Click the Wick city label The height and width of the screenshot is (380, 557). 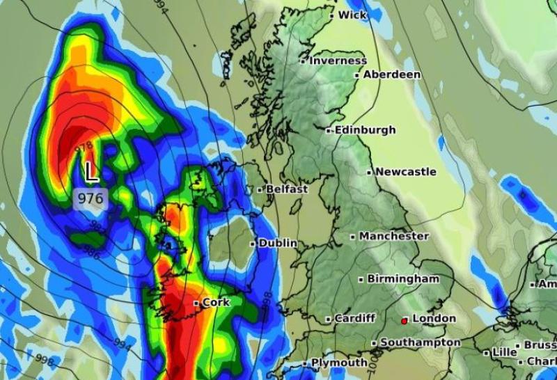(352, 15)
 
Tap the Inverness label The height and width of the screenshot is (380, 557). (338, 61)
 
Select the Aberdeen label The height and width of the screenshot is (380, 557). (392, 74)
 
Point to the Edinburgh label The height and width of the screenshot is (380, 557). (365, 130)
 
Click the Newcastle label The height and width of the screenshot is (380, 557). (406, 172)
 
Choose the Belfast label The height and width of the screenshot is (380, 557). (285, 189)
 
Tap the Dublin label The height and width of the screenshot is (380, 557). (278, 244)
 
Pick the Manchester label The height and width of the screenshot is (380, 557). (394, 236)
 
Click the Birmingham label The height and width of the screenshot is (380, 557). (403, 279)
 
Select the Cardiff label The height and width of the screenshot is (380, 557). (354, 319)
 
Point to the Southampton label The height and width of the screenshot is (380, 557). (421, 342)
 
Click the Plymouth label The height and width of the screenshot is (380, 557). (339, 363)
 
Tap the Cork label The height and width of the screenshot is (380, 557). (216, 303)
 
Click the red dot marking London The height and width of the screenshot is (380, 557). (404, 321)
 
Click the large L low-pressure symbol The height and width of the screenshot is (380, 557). (91, 171)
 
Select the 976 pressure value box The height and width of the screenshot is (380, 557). (91, 198)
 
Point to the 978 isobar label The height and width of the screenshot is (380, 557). (84, 148)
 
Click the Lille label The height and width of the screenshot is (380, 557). (504, 353)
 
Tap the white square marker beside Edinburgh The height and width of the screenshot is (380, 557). (329, 130)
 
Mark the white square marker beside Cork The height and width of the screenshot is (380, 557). (196, 303)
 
